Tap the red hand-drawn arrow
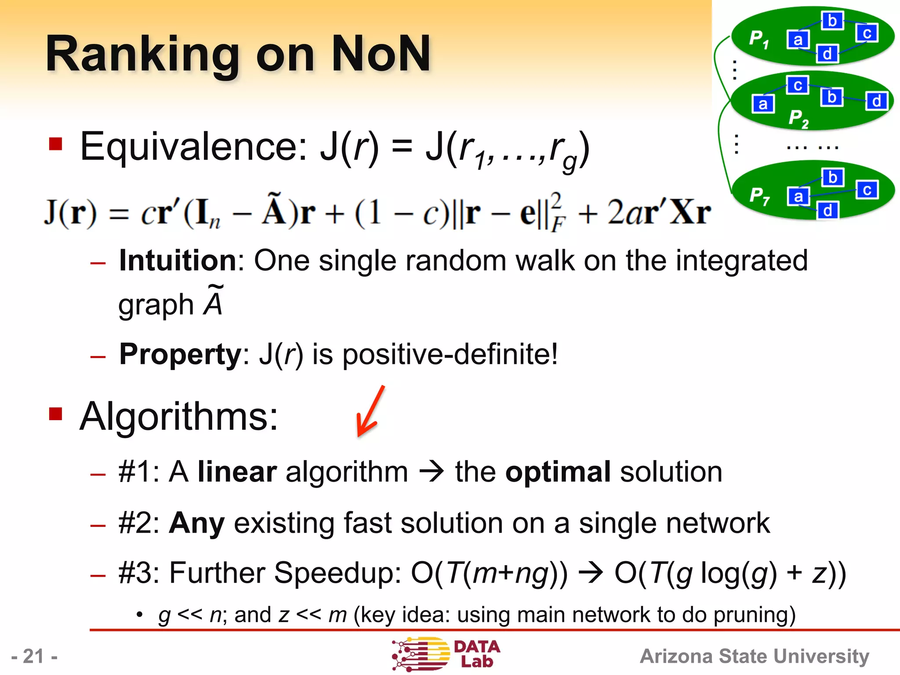point(370,411)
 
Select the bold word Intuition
point(178,261)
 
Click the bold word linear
point(237,472)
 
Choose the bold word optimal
point(558,472)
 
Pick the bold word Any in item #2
point(197,523)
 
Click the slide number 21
point(34,657)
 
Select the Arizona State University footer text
point(754,657)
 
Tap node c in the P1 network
point(867,33)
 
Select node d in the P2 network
point(876,101)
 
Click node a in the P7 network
point(798,196)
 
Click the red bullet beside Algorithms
point(56,414)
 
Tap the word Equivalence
point(194,147)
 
